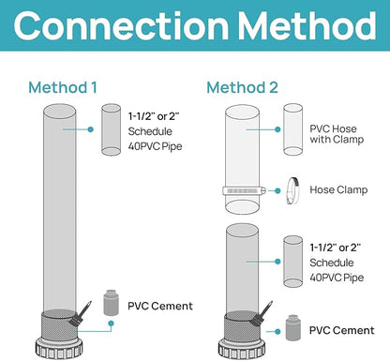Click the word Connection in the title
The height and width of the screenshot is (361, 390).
tap(121, 25)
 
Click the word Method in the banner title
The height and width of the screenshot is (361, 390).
tap(307, 25)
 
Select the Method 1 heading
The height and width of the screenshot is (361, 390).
tap(63, 87)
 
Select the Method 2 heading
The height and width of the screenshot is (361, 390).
tap(242, 87)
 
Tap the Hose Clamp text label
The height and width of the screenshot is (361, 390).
tap(338, 189)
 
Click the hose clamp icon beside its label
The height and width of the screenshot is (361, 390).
tap(292, 190)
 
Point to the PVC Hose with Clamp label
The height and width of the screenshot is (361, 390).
tap(337, 134)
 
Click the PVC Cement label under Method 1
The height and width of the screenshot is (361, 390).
tap(160, 306)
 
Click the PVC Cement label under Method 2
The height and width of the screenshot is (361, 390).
tap(341, 330)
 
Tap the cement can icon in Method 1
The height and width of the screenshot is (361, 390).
tap(111, 303)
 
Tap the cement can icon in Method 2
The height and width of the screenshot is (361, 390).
tap(293, 327)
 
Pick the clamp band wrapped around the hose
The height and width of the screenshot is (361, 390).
tap(245, 190)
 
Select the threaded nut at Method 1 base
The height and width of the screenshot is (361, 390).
tap(59, 348)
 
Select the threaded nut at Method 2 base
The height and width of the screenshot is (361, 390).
tap(242, 349)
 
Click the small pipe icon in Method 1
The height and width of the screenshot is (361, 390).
tap(111, 129)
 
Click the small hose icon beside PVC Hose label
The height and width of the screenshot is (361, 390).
tap(292, 129)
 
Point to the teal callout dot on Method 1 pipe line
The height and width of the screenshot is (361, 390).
tap(91, 129)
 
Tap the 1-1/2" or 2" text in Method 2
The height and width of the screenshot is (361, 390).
tap(336, 248)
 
